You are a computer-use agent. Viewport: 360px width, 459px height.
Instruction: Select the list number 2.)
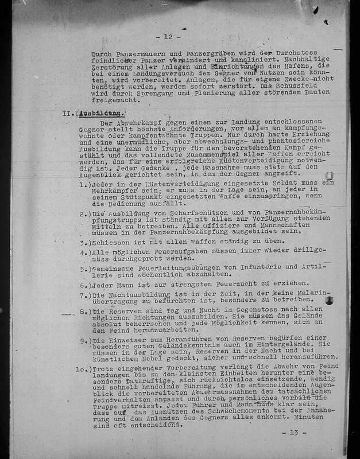click(x=86, y=214)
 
